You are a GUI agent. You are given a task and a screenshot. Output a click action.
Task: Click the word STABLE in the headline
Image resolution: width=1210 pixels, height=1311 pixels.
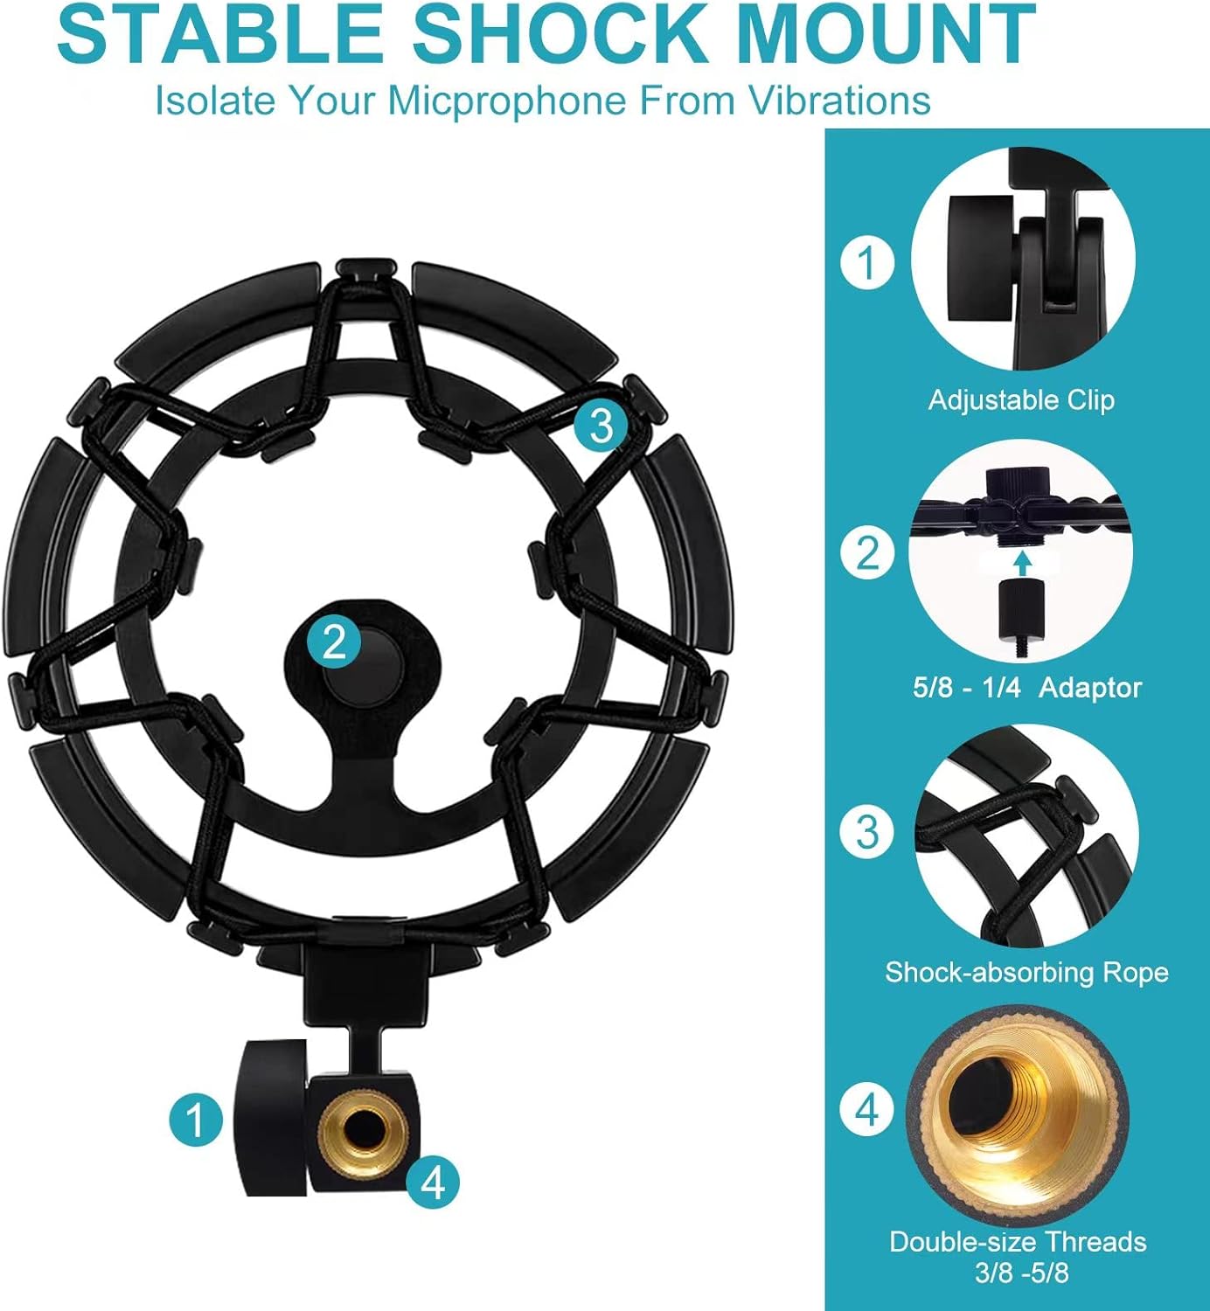tap(222, 35)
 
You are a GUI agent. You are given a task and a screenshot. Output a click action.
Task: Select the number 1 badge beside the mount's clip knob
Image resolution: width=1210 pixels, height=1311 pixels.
tap(196, 1118)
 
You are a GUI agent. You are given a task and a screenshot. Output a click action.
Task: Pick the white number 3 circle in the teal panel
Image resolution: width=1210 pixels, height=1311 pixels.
tap(867, 832)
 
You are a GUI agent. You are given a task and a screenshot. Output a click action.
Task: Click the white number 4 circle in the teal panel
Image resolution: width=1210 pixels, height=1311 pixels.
tap(867, 1110)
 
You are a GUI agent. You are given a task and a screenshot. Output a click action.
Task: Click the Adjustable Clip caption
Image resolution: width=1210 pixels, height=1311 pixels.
tap(1021, 400)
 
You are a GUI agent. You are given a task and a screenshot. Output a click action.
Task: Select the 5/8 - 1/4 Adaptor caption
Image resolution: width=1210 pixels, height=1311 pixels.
tap(1027, 687)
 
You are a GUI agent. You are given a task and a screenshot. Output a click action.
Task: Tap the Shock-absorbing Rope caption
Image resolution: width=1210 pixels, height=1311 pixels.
tap(1026, 973)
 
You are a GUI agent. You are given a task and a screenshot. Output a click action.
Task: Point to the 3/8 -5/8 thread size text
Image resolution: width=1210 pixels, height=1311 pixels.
tap(1021, 1272)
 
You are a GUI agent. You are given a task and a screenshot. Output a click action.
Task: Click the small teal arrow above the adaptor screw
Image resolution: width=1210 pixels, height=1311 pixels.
tap(1022, 564)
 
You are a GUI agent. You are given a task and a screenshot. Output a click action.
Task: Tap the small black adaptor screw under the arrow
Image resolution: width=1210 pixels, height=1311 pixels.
tap(1022, 619)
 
